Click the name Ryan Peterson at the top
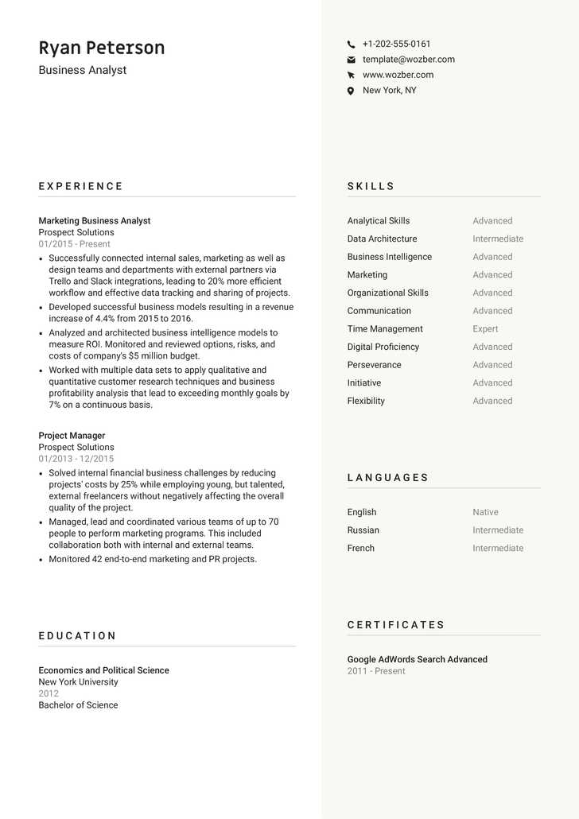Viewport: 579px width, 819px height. click(x=102, y=48)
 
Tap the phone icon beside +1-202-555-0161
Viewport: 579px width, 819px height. click(x=351, y=45)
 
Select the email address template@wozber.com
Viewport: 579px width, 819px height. click(x=409, y=60)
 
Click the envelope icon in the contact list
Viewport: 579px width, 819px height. click(x=351, y=60)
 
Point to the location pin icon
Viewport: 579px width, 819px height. click(x=351, y=91)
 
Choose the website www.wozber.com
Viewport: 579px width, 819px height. click(x=398, y=75)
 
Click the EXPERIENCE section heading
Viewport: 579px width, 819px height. click(x=81, y=186)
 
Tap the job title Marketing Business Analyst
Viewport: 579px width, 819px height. click(x=95, y=221)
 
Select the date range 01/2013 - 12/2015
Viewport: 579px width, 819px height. click(x=76, y=459)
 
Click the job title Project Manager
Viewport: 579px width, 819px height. click(x=72, y=436)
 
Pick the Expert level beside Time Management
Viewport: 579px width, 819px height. click(x=485, y=329)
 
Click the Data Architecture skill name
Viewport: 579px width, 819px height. click(x=382, y=239)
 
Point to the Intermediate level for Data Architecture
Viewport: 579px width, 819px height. click(x=498, y=239)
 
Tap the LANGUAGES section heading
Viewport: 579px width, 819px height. click(x=388, y=478)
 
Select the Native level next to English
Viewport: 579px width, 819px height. click(x=485, y=512)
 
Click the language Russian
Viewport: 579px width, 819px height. click(x=363, y=530)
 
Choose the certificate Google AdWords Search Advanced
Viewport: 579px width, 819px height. click(x=417, y=659)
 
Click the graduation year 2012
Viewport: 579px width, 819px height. click(x=49, y=693)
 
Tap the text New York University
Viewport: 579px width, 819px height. click(x=78, y=682)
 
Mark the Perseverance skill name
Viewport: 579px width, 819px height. click(x=374, y=365)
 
